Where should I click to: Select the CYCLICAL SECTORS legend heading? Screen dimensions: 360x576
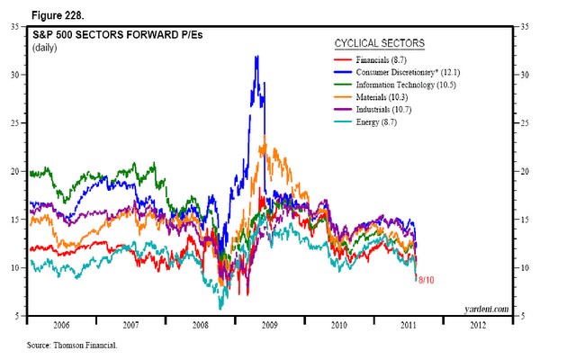click(x=379, y=42)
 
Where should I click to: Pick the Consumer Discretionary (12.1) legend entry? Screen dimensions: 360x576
click(x=407, y=72)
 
